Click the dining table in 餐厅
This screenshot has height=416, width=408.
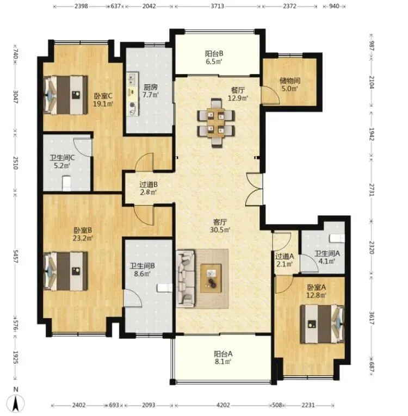tap(216, 122)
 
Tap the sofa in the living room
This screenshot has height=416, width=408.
tap(186, 278)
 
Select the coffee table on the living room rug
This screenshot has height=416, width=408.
tap(211, 278)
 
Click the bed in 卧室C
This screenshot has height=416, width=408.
tap(66, 95)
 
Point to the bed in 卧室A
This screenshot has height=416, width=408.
tap(322, 324)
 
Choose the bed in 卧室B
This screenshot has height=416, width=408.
tap(66, 271)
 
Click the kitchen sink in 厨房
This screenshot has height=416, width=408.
tap(132, 79)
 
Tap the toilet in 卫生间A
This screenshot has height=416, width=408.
tap(337, 238)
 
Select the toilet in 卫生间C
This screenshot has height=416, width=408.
tap(66, 183)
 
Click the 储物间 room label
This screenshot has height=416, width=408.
tap(290, 80)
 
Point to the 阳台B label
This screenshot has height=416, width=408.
tap(214, 54)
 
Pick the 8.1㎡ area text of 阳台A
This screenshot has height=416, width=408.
tap(223, 361)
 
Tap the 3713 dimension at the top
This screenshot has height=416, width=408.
tap(218, 6)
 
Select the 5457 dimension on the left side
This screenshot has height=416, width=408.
tap(16, 256)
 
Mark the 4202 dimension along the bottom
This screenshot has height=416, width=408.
tap(223, 405)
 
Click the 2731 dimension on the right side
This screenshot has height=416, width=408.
tap(372, 190)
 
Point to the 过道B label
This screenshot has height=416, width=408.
tap(149, 184)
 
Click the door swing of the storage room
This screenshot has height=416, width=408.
tap(270, 95)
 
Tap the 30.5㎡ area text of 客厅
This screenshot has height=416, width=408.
tap(220, 229)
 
